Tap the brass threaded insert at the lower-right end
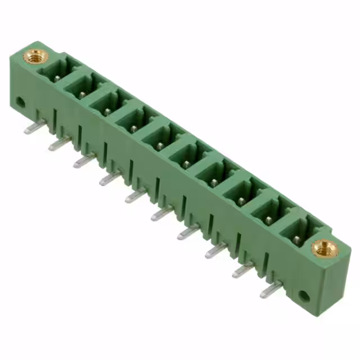tap(325, 247)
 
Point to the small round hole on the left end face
tap(20, 102)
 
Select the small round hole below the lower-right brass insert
tap(304, 295)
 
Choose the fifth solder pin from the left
tap(136, 195)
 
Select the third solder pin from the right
tap(216, 250)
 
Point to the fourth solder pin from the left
tap(110, 178)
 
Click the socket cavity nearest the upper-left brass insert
tap(58, 72)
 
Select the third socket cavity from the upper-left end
tap(111, 103)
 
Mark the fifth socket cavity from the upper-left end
tap(164, 137)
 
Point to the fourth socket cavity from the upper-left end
tap(137, 120)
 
